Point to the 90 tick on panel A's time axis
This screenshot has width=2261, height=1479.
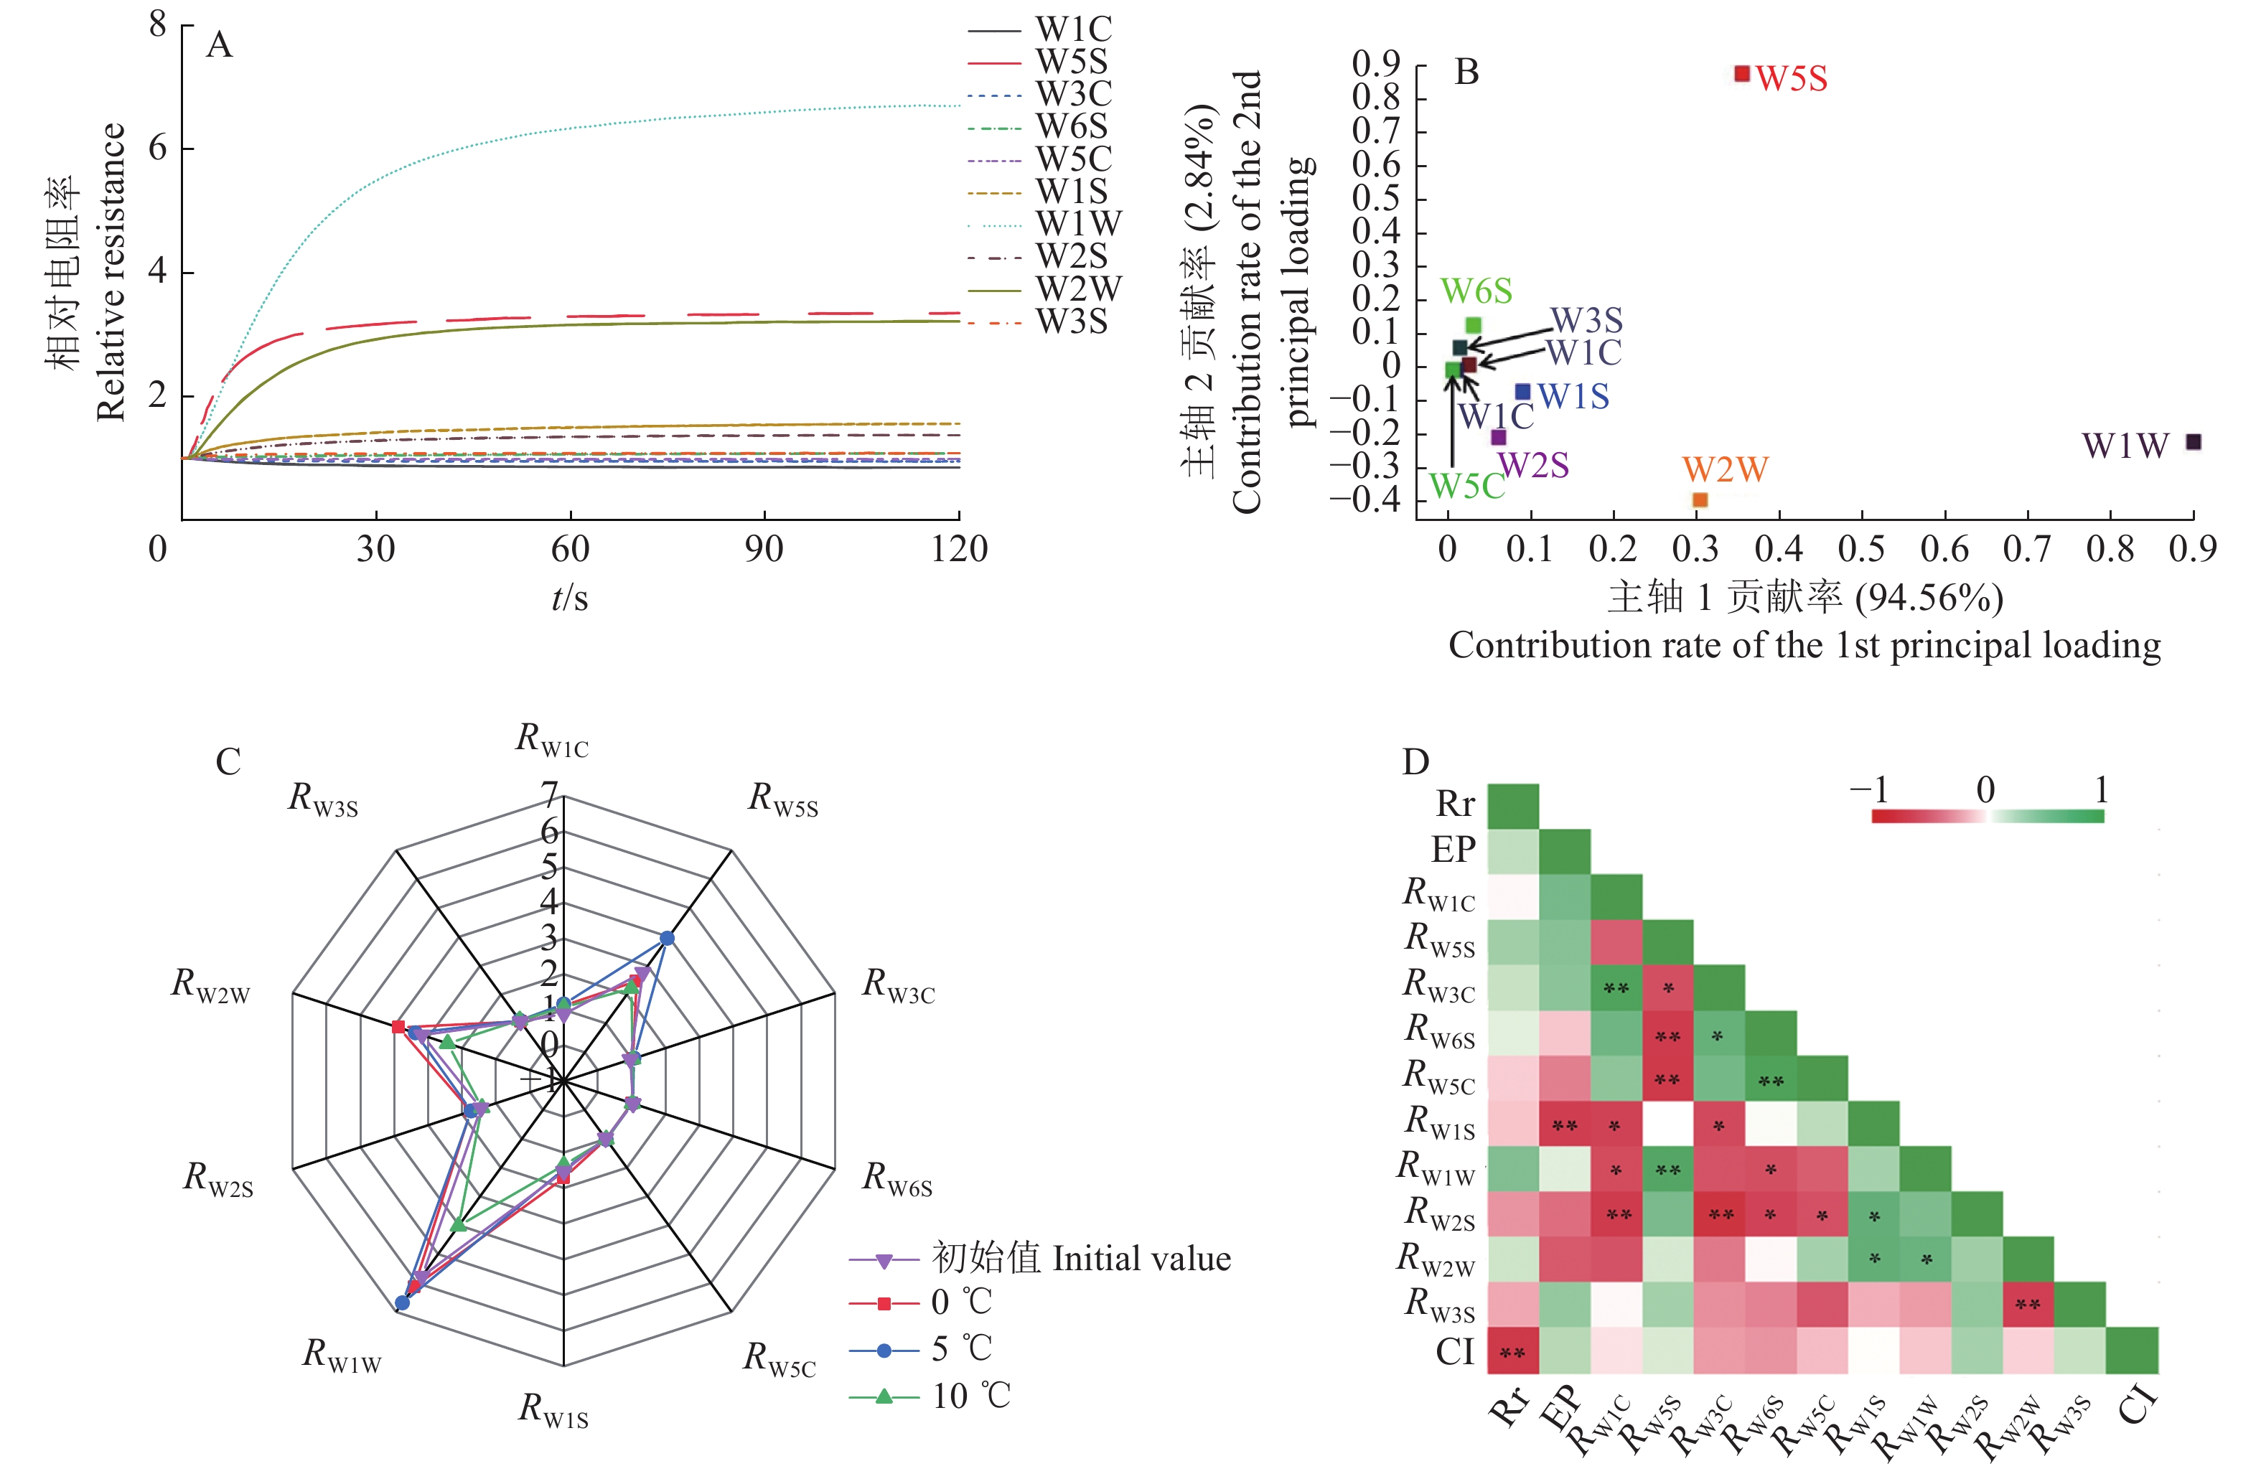coord(764,549)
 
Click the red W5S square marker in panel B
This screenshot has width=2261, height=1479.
coord(1741,74)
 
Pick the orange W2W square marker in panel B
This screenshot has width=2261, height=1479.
coord(1700,499)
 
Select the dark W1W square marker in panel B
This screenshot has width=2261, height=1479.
coord(2194,442)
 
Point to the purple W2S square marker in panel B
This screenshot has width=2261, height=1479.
coord(1498,437)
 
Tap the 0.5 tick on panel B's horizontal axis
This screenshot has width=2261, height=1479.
coord(1862,549)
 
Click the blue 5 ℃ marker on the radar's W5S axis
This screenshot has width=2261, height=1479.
coord(667,939)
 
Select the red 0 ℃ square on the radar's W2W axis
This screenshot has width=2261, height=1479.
coord(399,1027)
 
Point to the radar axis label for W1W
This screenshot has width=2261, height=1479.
coord(341,1355)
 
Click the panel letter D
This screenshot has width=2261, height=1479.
coord(1415,762)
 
